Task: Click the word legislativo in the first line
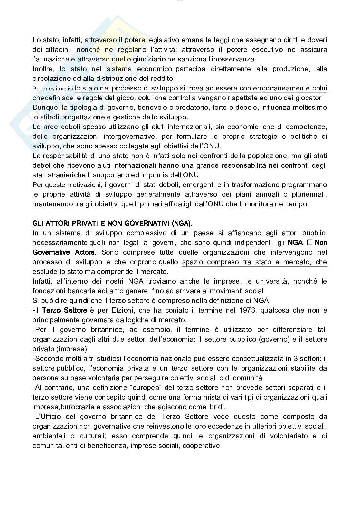163,40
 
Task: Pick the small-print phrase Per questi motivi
53,89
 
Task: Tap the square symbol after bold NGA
309,243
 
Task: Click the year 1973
247,310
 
